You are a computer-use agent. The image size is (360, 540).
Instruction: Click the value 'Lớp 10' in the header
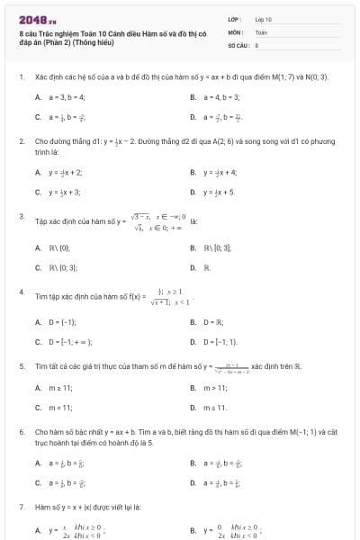[x=263, y=19]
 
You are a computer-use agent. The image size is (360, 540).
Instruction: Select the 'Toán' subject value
[x=261, y=31]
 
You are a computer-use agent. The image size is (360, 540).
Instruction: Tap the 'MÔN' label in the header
[x=235, y=31]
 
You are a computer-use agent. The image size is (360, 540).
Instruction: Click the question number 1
[x=21, y=78]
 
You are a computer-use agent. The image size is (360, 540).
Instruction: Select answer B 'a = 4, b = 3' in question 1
[x=221, y=96]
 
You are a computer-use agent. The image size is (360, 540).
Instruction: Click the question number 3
[x=21, y=216]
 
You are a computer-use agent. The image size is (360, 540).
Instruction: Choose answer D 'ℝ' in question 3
[x=206, y=267]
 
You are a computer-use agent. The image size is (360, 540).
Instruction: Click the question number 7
[x=21, y=508]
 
